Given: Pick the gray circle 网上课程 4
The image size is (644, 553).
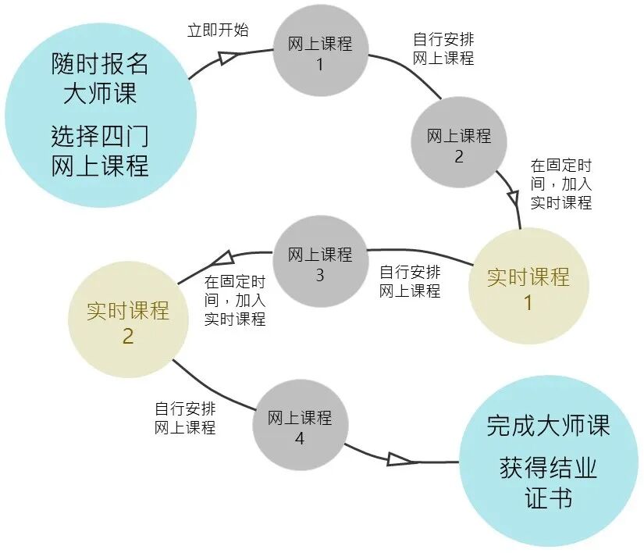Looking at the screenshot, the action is pyautogui.click(x=300, y=426).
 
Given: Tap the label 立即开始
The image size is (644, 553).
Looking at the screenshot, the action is pyautogui.click(x=218, y=30).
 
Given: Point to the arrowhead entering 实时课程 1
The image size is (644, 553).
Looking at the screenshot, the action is pyautogui.click(x=513, y=194).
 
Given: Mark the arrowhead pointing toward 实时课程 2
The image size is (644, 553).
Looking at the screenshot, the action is pyautogui.click(x=221, y=257).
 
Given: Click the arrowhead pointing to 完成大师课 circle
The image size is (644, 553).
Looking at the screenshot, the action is pyautogui.click(x=401, y=459).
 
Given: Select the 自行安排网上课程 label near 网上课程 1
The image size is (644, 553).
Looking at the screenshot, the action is pyautogui.click(x=443, y=48).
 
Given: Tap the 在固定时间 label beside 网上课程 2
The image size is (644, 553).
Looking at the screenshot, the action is pyautogui.click(x=561, y=184).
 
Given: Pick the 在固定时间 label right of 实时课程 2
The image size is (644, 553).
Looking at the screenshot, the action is pyautogui.click(x=235, y=300).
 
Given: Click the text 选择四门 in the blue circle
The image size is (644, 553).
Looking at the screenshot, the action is pyautogui.click(x=99, y=137).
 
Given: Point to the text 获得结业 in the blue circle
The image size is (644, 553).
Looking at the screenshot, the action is pyautogui.click(x=548, y=469).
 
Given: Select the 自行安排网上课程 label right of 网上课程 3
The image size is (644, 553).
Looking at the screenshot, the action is pyautogui.click(x=410, y=281).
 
